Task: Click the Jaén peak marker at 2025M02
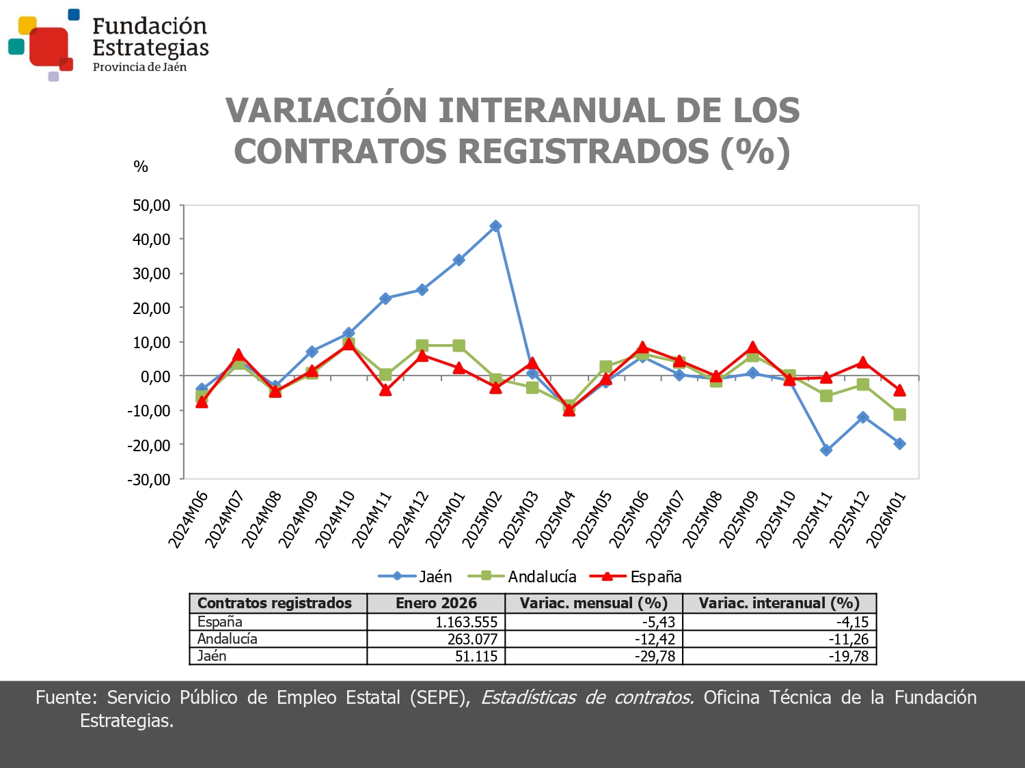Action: [495, 226]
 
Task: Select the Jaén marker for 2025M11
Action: [826, 450]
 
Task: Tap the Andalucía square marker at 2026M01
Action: [899, 414]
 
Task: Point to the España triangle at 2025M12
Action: [862, 362]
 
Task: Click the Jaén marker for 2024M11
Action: [385, 298]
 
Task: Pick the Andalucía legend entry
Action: [523, 577]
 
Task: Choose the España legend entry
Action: [636, 577]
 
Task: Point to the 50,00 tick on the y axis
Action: [151, 205]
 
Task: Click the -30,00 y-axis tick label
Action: [149, 479]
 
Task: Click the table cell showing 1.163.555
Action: [466, 622]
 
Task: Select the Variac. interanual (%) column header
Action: [779, 603]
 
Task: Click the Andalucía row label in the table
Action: [228, 639]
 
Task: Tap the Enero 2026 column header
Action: [436, 603]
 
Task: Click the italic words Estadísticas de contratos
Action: [588, 698]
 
